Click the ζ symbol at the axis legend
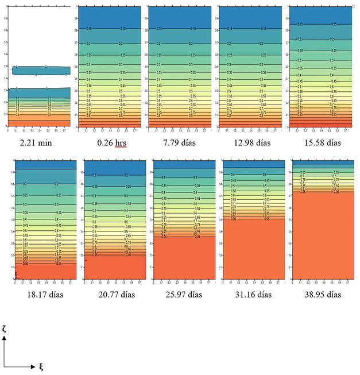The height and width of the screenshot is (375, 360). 5,329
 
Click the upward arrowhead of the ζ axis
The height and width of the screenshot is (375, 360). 5,339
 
